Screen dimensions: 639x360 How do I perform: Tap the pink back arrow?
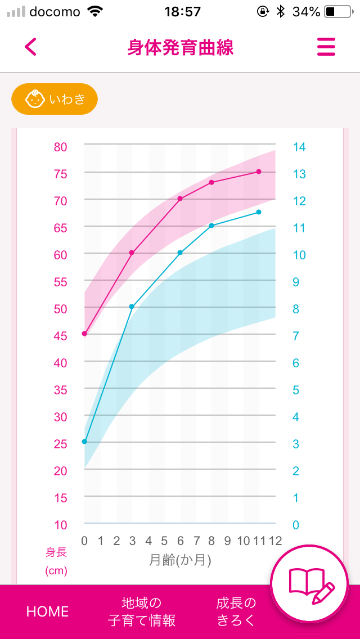click(x=30, y=47)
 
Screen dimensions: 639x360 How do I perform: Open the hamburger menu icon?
click(x=326, y=47)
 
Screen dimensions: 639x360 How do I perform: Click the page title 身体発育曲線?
click(x=180, y=47)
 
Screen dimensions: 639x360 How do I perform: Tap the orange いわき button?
click(x=55, y=100)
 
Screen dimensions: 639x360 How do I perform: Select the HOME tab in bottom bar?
click(x=47, y=611)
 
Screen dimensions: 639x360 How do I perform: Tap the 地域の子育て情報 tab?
click(x=142, y=611)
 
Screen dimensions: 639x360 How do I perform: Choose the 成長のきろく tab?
click(x=236, y=611)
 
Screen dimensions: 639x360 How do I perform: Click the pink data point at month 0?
click(x=84, y=334)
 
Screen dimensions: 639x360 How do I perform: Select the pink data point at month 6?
click(x=180, y=199)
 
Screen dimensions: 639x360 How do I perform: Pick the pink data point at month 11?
click(x=259, y=172)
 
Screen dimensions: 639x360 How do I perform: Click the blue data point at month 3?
click(x=132, y=307)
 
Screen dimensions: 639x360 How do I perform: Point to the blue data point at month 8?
click(x=211, y=226)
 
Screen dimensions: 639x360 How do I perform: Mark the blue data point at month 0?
click(x=84, y=442)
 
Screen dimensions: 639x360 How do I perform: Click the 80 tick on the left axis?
click(x=60, y=147)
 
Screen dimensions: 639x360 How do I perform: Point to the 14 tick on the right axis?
click(x=299, y=147)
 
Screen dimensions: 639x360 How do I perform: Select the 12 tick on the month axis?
click(x=275, y=541)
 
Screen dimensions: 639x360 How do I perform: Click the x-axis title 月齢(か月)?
click(x=180, y=560)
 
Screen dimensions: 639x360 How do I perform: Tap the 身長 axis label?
click(x=56, y=552)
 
